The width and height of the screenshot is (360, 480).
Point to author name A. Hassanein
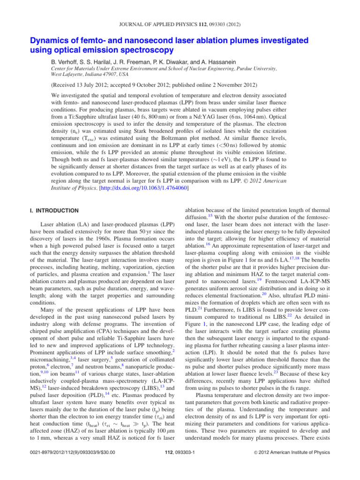point(223,60)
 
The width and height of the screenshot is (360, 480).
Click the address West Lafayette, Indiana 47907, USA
point(85,75)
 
